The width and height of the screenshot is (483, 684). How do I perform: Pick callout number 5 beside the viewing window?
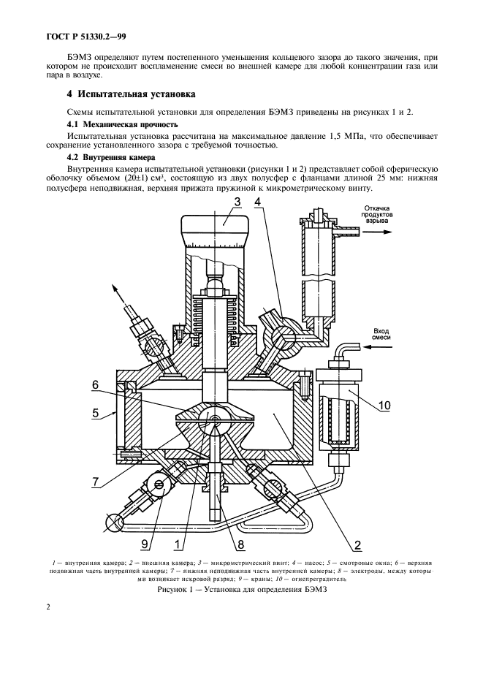96,414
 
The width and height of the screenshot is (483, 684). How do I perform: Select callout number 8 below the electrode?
240,543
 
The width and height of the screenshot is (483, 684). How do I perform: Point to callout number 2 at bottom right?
358,543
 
